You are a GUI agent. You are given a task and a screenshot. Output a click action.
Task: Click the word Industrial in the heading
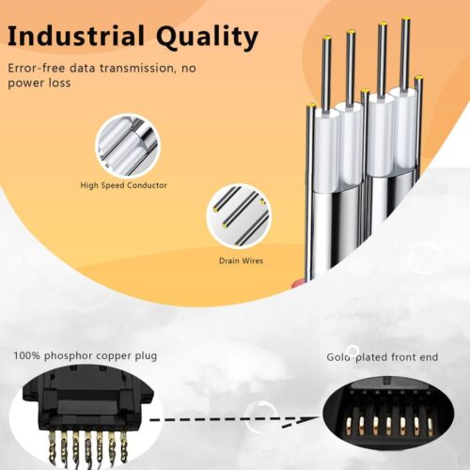click(x=76, y=36)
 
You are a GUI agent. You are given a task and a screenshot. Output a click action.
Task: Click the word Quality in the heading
click(x=207, y=38)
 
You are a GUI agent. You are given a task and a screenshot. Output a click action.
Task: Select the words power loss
click(x=39, y=83)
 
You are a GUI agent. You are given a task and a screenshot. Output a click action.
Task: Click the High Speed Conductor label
click(x=123, y=185)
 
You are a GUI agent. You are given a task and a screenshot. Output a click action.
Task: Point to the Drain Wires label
click(x=241, y=260)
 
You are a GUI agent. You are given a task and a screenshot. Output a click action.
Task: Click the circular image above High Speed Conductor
click(x=128, y=146)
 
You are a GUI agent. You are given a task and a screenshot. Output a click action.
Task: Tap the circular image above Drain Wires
click(x=239, y=216)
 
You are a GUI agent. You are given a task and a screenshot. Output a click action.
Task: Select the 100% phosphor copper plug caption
click(x=86, y=356)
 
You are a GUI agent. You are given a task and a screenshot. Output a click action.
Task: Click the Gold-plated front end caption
click(x=383, y=357)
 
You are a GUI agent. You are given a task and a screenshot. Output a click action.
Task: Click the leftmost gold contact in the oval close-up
click(x=350, y=426)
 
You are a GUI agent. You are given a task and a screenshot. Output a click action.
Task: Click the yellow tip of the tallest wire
click(x=406, y=20)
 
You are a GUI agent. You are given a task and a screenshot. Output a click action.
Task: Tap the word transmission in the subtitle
click(x=136, y=68)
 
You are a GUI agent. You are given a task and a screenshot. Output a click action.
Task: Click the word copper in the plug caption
click(x=114, y=357)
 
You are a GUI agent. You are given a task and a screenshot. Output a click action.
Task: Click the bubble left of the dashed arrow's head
click(x=260, y=416)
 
